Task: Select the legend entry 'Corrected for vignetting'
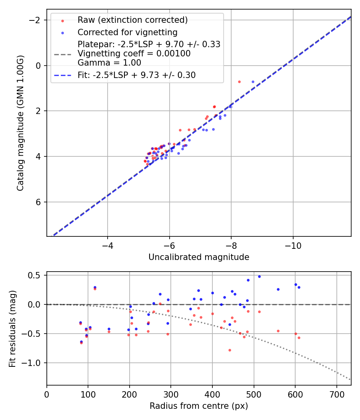point(127,32)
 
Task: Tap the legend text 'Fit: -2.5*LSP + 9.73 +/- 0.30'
point(136,75)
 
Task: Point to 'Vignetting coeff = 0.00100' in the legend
point(134,53)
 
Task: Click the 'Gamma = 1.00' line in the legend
point(109,62)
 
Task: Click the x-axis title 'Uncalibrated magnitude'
point(199,257)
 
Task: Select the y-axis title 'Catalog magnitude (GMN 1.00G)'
point(20,123)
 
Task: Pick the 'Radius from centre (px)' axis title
point(199,406)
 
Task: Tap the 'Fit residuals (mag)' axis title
point(12,328)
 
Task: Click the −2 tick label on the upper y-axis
point(37,20)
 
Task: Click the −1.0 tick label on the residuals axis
point(33,363)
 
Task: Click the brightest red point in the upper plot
point(239,82)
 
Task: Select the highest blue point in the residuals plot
point(259,276)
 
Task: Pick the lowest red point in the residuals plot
point(230,350)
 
